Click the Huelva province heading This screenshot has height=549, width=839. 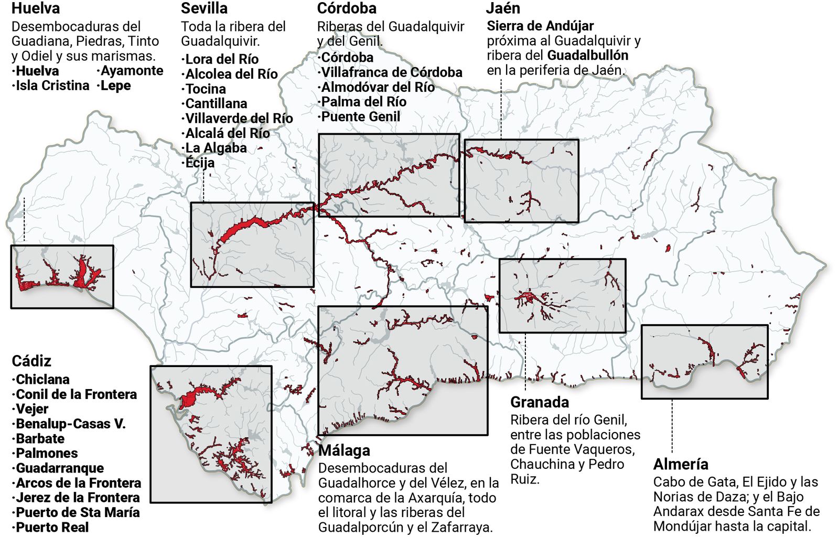pos(36,8)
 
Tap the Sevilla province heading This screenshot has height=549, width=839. pos(204,8)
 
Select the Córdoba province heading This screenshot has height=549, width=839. pos(347,8)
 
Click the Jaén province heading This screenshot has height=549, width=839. pos(503,8)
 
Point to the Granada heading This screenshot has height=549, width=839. pos(540,402)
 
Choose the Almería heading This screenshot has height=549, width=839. pos(681,464)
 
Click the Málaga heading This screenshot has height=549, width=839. pos(344,450)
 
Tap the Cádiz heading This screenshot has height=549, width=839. pos(31,361)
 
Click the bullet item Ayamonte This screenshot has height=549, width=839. pos(132,71)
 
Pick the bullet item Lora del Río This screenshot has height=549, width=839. pos(222,59)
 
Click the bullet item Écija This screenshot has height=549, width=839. pos(200,163)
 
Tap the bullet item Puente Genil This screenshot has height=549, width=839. pos(360,116)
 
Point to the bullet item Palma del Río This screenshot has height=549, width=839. pos(363,102)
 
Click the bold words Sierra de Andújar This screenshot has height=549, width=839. pos(540,26)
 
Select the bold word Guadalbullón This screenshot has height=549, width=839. pos(587,55)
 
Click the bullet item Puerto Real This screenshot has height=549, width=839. pos(52,527)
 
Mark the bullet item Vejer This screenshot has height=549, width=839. pos(32,409)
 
